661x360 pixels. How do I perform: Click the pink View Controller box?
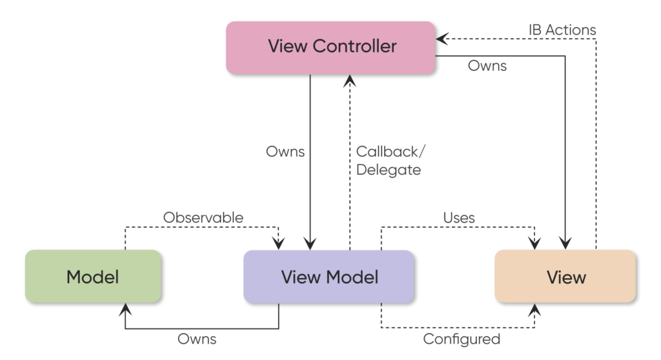330,47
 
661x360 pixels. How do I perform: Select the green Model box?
92,276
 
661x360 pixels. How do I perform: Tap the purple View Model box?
328,276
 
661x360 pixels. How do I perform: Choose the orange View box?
565,276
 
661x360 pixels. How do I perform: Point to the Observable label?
203,217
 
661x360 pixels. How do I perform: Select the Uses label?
459,218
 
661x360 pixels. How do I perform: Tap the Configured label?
461,339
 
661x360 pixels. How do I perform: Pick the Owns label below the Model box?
197,339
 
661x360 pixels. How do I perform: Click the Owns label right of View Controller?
487,66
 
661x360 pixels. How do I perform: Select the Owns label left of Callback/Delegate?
285,153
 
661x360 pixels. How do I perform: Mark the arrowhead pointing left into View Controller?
442,39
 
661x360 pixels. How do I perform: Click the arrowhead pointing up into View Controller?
349,80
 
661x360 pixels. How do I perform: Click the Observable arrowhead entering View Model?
279,243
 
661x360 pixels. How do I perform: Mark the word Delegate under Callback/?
388,170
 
